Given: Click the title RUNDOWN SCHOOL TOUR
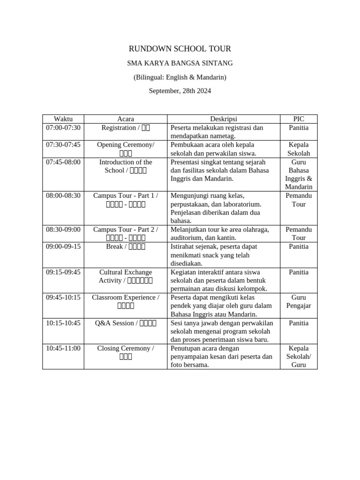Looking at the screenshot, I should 180,49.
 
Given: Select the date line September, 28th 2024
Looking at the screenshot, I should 180,91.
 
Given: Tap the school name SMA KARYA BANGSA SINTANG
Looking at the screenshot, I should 180,63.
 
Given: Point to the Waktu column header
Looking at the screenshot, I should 63,119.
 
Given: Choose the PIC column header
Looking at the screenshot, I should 299,119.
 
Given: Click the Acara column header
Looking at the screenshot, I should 126,119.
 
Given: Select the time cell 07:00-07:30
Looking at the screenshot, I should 63,128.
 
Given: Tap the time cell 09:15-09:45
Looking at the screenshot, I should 63,272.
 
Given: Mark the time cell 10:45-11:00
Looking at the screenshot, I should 63,348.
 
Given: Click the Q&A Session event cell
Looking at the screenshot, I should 126,323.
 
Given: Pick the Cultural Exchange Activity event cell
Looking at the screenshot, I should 126,276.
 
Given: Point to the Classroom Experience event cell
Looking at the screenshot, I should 126,301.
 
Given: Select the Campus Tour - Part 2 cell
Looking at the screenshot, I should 126,233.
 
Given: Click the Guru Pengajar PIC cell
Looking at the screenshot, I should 299,301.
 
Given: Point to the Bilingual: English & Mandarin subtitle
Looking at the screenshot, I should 180,77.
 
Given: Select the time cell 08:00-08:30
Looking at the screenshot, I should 63,195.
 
